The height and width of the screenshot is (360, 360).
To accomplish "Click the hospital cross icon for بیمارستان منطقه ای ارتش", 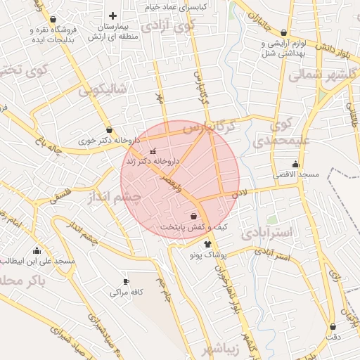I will click(112, 15).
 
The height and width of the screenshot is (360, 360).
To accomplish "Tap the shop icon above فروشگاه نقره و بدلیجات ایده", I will click(54, 19).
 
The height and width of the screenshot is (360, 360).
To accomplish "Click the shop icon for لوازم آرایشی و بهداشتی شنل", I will click(283, 32).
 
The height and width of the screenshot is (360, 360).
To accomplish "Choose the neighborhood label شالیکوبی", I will click(102, 89).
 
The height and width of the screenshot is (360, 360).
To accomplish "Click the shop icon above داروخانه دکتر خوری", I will click(109, 129).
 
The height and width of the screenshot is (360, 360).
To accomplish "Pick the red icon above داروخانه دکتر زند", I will click(154, 151).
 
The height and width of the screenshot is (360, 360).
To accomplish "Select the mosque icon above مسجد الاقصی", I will click(295, 165).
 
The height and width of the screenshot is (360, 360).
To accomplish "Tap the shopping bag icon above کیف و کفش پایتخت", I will click(194, 217).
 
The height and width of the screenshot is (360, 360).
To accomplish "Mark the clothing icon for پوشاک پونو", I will click(207, 245).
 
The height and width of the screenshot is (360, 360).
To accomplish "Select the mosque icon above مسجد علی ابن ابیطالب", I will click(37, 251).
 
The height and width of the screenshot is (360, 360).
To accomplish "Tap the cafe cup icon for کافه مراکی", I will click(126, 281).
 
